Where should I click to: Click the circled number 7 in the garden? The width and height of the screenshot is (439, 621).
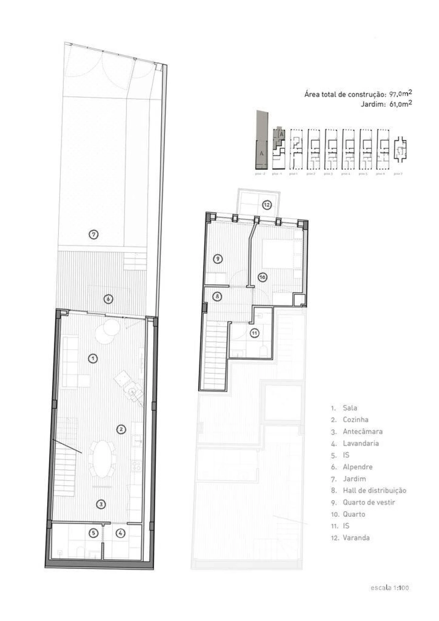pyautogui.click(x=94, y=235)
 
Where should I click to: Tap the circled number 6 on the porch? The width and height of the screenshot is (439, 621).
pyautogui.click(x=108, y=299)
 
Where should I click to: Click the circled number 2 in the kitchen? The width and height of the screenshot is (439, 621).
pyautogui.click(x=121, y=429)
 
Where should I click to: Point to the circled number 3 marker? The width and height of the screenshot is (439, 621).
pyautogui.click(x=100, y=504)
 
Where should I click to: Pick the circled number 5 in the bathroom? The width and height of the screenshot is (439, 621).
pyautogui.click(x=93, y=533)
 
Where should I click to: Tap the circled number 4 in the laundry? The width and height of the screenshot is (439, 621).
pyautogui.click(x=120, y=533)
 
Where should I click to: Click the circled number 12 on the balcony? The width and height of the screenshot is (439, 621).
pyautogui.click(x=267, y=205)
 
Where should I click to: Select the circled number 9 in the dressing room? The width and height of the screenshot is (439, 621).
pyautogui.click(x=217, y=259)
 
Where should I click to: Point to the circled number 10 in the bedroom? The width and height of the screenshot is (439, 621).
pyautogui.click(x=262, y=277)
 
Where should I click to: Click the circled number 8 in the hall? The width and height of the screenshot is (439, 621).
pyautogui.click(x=217, y=296)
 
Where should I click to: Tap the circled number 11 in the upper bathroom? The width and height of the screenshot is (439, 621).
pyautogui.click(x=254, y=333)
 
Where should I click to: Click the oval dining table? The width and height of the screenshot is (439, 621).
pyautogui.click(x=102, y=459)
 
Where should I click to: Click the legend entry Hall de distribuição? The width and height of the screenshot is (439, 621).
pyautogui.click(x=374, y=491)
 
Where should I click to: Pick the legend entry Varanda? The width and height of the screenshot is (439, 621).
pyautogui.click(x=356, y=538)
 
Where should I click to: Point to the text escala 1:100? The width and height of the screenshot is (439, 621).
pyautogui.click(x=390, y=588)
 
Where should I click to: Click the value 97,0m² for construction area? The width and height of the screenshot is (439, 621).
pyautogui.click(x=400, y=94)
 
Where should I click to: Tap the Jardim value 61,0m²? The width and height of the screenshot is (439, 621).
pyautogui.click(x=400, y=104)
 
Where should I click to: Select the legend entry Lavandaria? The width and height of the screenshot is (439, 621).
pyautogui.click(x=360, y=443)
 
